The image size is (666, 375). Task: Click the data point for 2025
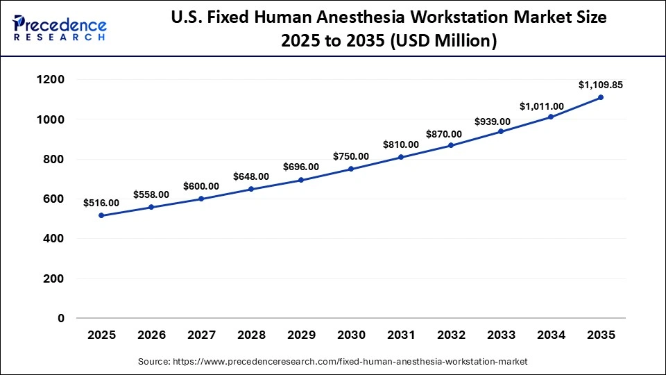tap(101, 215)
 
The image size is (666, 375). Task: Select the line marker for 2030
tap(351, 169)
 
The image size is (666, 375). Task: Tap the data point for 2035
tap(601, 97)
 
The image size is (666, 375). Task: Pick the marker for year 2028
tap(251, 189)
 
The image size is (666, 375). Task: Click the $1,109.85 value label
tap(601, 85)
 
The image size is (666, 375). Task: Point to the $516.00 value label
tap(101, 203)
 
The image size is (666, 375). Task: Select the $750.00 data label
tap(351, 156)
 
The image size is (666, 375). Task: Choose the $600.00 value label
tap(201, 186)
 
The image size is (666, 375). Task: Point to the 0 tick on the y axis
tap(60, 319)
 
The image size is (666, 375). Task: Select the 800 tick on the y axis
tap(53, 160)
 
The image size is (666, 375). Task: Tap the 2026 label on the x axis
tap(151, 335)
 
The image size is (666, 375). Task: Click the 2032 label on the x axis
tap(451, 335)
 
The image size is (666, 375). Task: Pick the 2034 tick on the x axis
tap(551, 335)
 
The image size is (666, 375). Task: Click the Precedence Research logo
tap(59, 28)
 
